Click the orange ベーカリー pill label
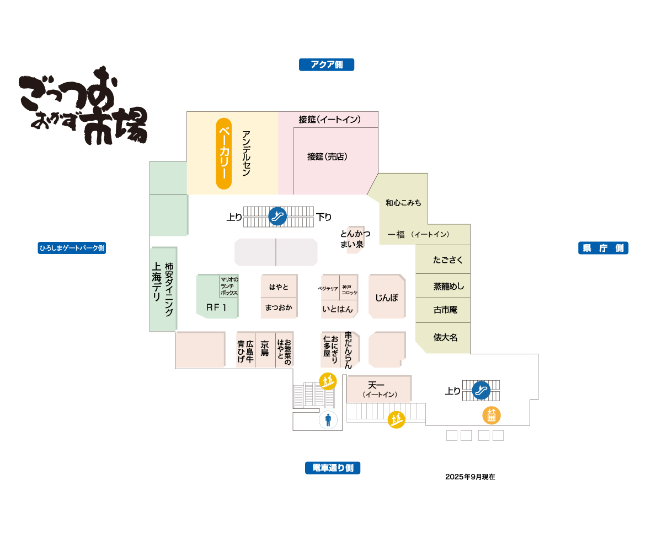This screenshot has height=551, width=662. (x=224, y=154)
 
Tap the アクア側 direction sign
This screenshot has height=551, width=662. (x=327, y=64)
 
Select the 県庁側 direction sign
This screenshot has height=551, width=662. (x=603, y=248)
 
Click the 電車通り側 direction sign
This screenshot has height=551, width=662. (x=333, y=468)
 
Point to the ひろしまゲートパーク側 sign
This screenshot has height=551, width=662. (x=72, y=248)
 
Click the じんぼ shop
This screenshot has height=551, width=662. (x=387, y=298)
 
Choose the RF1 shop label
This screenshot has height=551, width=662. (x=216, y=307)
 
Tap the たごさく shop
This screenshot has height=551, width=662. (x=448, y=260)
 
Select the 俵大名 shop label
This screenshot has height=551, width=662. (x=445, y=337)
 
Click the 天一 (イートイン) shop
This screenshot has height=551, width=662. (x=379, y=388)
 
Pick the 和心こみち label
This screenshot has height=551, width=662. (x=403, y=203)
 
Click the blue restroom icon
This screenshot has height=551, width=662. (x=328, y=420)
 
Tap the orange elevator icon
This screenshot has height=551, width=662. (x=492, y=414)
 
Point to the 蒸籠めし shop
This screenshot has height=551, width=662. (x=449, y=286)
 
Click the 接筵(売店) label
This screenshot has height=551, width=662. (x=327, y=156)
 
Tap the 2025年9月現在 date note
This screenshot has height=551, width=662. (x=470, y=477)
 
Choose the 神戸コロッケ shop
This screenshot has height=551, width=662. (x=349, y=289)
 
